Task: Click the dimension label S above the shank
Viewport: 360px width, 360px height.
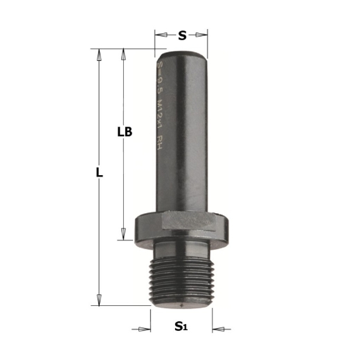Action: click(181, 35)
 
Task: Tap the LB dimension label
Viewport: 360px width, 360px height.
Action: click(125, 131)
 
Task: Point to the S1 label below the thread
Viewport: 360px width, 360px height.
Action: click(181, 326)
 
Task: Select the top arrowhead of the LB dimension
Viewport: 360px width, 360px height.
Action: click(123, 53)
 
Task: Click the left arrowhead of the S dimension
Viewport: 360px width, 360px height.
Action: click(159, 34)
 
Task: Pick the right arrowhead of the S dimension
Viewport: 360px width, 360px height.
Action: click(204, 34)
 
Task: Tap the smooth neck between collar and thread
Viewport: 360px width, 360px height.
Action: click(181, 246)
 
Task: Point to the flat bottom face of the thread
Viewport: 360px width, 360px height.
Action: click(181, 304)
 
